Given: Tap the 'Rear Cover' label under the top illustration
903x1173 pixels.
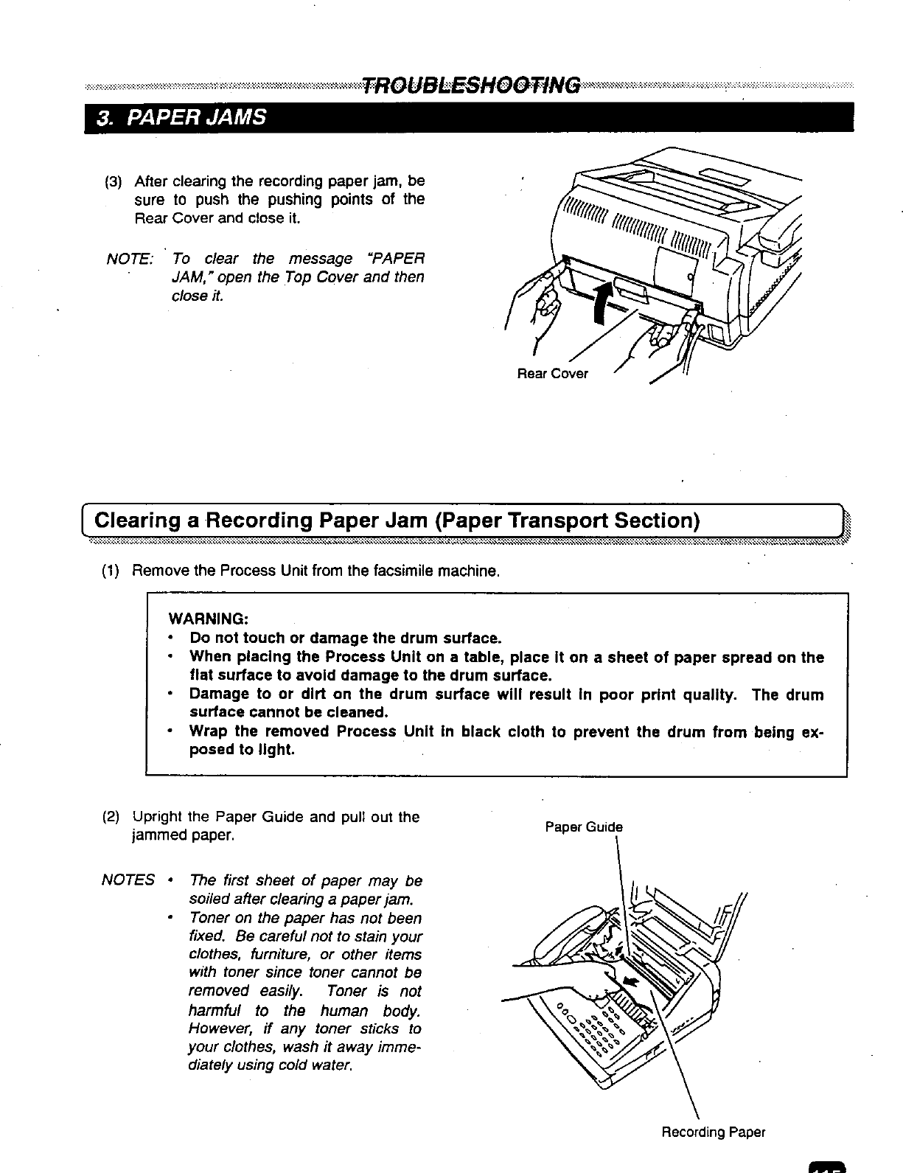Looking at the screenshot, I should (x=552, y=374).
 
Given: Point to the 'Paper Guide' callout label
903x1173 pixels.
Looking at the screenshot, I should (x=583, y=827).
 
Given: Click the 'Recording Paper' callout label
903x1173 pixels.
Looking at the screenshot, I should (x=713, y=1132).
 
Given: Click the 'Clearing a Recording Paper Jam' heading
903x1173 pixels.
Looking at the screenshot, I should (x=397, y=521).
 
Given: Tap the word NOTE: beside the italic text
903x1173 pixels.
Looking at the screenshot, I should (x=130, y=259).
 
